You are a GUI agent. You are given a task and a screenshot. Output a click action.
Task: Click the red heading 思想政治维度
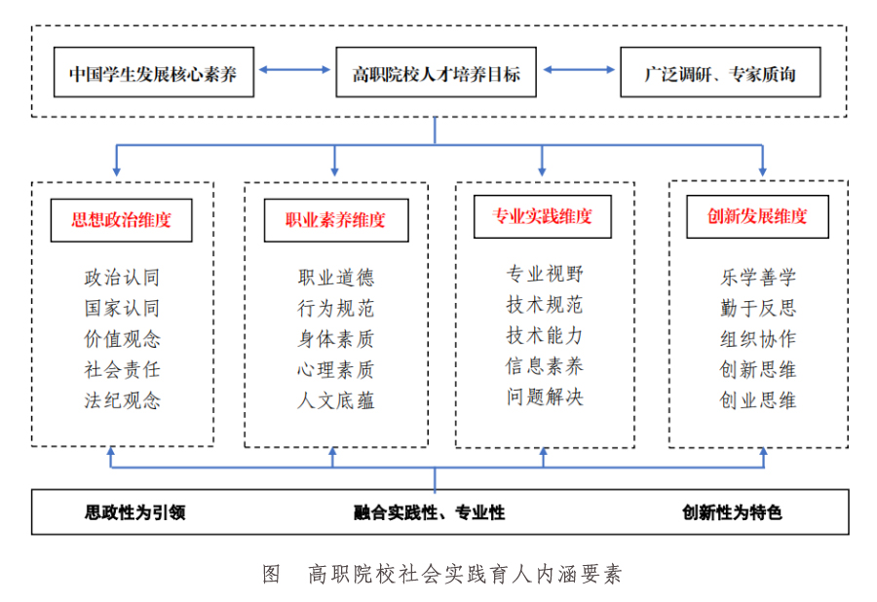[x=122, y=220]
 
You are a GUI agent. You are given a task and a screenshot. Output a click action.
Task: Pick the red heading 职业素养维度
[x=335, y=220]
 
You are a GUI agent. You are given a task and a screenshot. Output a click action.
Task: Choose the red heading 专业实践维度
[x=542, y=216]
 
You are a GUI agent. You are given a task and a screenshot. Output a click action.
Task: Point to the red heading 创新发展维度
[x=757, y=216]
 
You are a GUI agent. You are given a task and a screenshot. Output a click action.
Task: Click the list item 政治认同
[x=122, y=278]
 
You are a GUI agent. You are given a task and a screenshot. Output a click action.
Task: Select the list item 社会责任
[x=122, y=369]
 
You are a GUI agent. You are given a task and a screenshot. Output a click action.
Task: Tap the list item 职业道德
[x=335, y=278]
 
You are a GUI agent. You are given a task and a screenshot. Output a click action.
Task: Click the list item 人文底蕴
[x=335, y=400]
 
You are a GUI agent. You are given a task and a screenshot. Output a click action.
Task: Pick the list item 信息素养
[x=545, y=366]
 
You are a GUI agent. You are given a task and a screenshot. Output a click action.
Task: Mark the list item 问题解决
[x=545, y=396]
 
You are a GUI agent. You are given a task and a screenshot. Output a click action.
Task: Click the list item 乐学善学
[x=758, y=278]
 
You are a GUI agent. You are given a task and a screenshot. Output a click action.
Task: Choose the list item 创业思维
[x=758, y=400]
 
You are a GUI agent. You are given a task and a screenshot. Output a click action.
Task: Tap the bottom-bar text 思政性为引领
[x=134, y=512]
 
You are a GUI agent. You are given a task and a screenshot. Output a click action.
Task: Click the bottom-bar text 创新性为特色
[x=732, y=512]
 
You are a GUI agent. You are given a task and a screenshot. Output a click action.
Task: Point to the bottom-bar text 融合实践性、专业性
[x=429, y=512]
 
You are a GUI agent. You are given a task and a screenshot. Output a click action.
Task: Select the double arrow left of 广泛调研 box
[x=579, y=70]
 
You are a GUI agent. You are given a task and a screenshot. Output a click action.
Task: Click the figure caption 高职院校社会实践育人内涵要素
[x=465, y=574]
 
